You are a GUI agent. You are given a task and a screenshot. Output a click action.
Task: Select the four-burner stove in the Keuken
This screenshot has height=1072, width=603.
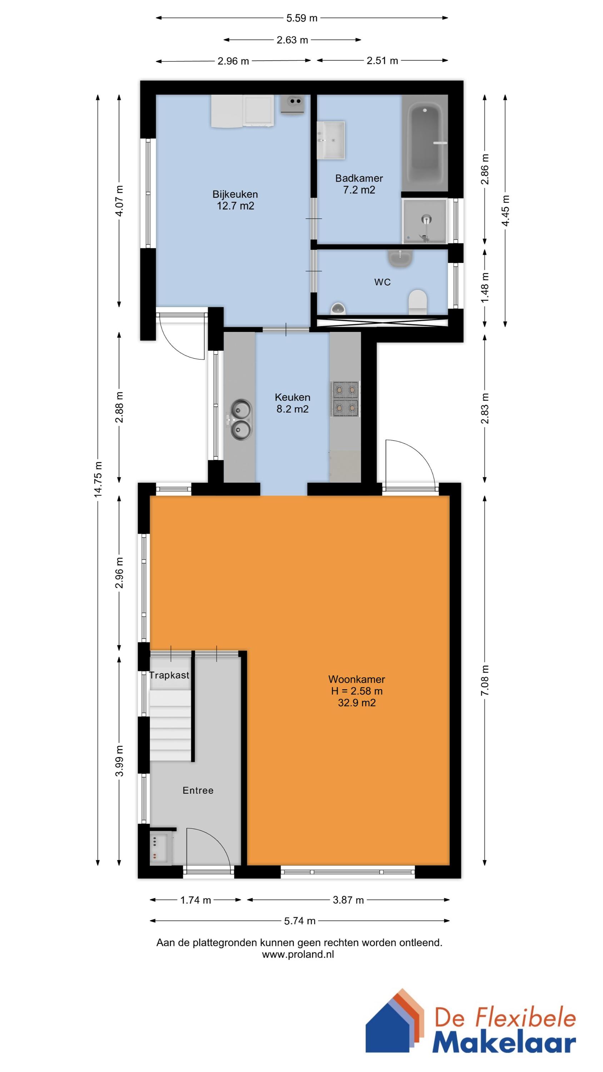point(345,399)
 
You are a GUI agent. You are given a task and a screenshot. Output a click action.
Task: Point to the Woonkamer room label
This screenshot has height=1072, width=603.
point(357,680)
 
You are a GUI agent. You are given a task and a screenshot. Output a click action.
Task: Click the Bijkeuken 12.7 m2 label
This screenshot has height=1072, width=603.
point(235,200)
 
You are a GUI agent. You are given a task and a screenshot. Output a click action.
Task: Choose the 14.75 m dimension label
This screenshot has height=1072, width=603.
point(98,479)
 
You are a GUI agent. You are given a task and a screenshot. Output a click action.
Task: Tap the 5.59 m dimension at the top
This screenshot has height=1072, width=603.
point(302,18)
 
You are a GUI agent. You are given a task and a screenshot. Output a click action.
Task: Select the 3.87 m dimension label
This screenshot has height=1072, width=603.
point(348,900)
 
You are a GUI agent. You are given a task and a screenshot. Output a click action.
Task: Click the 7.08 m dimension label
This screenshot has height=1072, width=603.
point(485,680)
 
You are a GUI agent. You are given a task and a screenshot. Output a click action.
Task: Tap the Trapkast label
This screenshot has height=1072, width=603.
point(169,675)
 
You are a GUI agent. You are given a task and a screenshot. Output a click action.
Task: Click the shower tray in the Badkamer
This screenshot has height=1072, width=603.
point(424,221)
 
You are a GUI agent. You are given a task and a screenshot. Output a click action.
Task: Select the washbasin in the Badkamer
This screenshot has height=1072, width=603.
point(331,140)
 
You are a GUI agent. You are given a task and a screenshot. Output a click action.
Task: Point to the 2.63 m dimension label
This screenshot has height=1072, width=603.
point(292,40)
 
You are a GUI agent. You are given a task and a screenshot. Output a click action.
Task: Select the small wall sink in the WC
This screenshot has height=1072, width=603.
point(400,258)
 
